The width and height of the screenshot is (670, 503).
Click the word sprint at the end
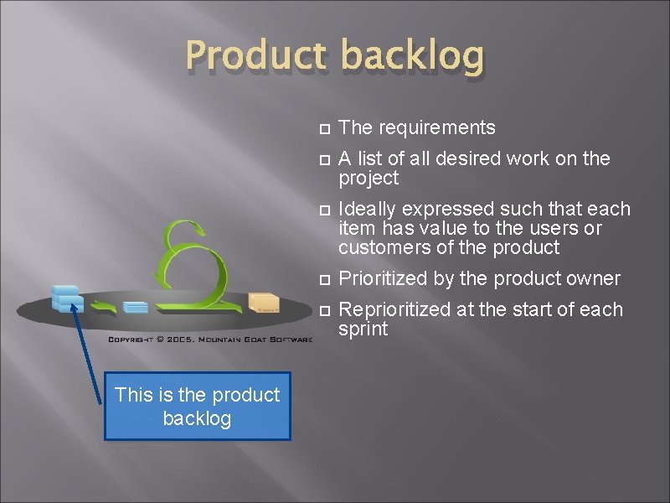pos(363,329)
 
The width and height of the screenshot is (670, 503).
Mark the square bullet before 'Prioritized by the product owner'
pos(326,279)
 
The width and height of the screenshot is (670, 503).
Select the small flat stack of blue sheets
pos(135,308)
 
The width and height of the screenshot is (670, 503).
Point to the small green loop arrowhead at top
pos(198,229)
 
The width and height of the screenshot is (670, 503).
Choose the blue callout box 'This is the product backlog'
pos(197,407)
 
